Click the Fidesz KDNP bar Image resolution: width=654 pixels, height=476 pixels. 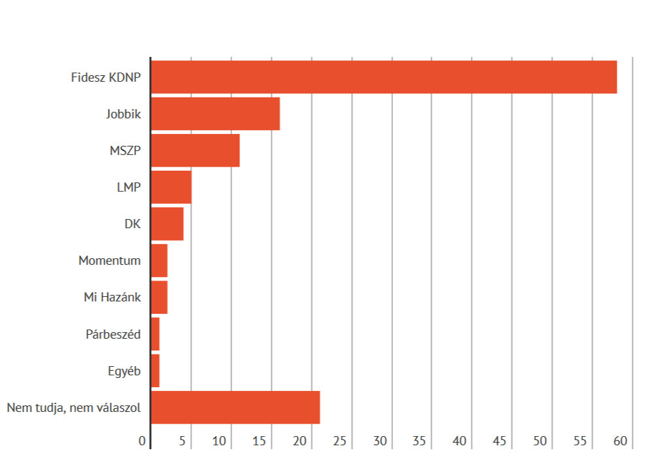click(384, 77)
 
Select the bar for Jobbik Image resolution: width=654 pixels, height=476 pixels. click(215, 114)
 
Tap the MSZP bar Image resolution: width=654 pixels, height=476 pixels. click(195, 150)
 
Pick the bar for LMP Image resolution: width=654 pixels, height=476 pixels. click(171, 187)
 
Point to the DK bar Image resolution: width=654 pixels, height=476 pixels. click(167, 224)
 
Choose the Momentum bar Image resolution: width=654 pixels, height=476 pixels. click(159, 260)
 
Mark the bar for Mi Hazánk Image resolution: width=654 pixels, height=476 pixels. click(159, 297)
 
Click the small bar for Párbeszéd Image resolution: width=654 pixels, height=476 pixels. click(155, 333)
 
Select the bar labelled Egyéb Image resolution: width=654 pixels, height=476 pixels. click(155, 370)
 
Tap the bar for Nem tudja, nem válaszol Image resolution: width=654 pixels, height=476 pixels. click(235, 407)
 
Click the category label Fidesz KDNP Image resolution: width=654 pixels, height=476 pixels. click(106, 78)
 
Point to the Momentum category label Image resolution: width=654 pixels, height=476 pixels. click(109, 260)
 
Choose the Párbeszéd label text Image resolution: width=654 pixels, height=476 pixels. click(113, 334)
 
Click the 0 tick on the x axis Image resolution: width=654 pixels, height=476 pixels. click(143, 441)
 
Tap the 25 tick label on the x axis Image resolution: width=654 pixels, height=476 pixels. click(339, 441)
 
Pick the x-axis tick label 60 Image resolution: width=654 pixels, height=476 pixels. click(621, 441)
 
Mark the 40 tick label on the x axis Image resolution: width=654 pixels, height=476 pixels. click(460, 441)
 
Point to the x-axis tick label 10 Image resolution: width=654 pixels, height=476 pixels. click(219, 441)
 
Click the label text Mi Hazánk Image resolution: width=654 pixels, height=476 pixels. click(112, 297)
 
